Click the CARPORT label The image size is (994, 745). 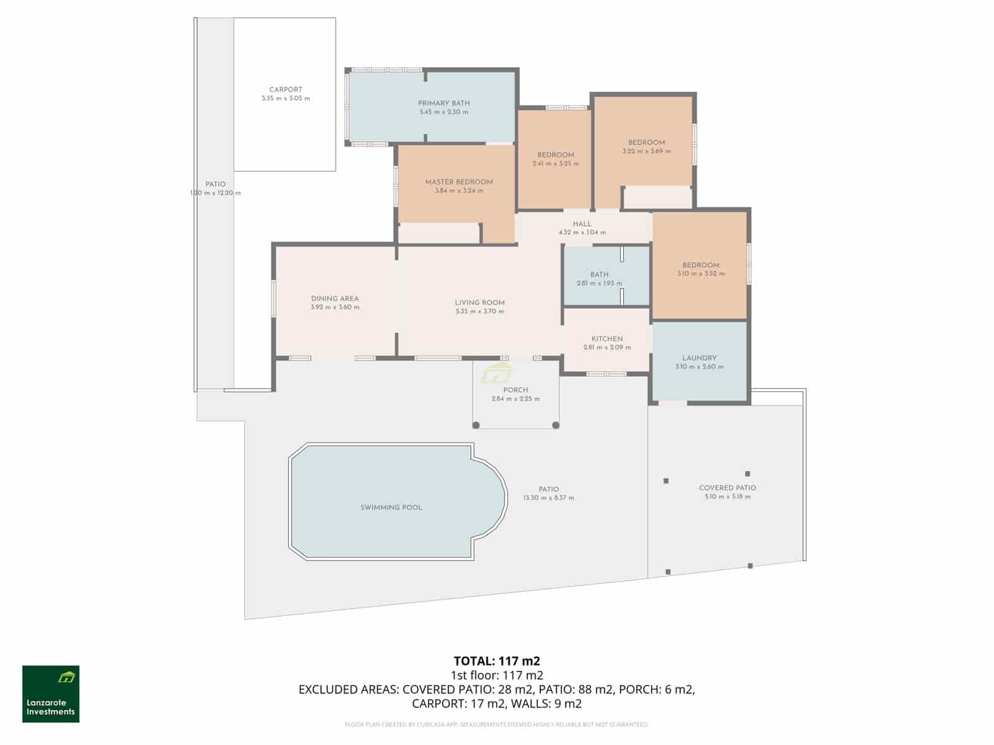pyautogui.click(x=286, y=90)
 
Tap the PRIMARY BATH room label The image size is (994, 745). pyautogui.click(x=444, y=103)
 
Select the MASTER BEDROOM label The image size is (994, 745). pyautogui.click(x=459, y=182)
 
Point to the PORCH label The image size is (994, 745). pyautogui.click(x=516, y=390)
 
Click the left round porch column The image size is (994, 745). pyautogui.click(x=476, y=425)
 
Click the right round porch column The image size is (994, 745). pyautogui.click(x=556, y=425)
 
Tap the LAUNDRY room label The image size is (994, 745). pyautogui.click(x=700, y=358)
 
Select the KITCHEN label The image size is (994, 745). pyautogui.click(x=607, y=339)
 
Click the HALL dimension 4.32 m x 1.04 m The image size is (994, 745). pyautogui.click(x=582, y=233)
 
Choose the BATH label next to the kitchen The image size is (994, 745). pyautogui.click(x=600, y=274)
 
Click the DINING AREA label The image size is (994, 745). pyautogui.click(x=335, y=299)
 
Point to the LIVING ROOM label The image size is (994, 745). pyautogui.click(x=480, y=303)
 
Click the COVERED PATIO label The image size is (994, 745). pyautogui.click(x=727, y=488)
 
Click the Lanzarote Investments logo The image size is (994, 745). pyautogui.click(x=51, y=694)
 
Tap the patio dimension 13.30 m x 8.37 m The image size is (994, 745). pyautogui.click(x=549, y=498)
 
